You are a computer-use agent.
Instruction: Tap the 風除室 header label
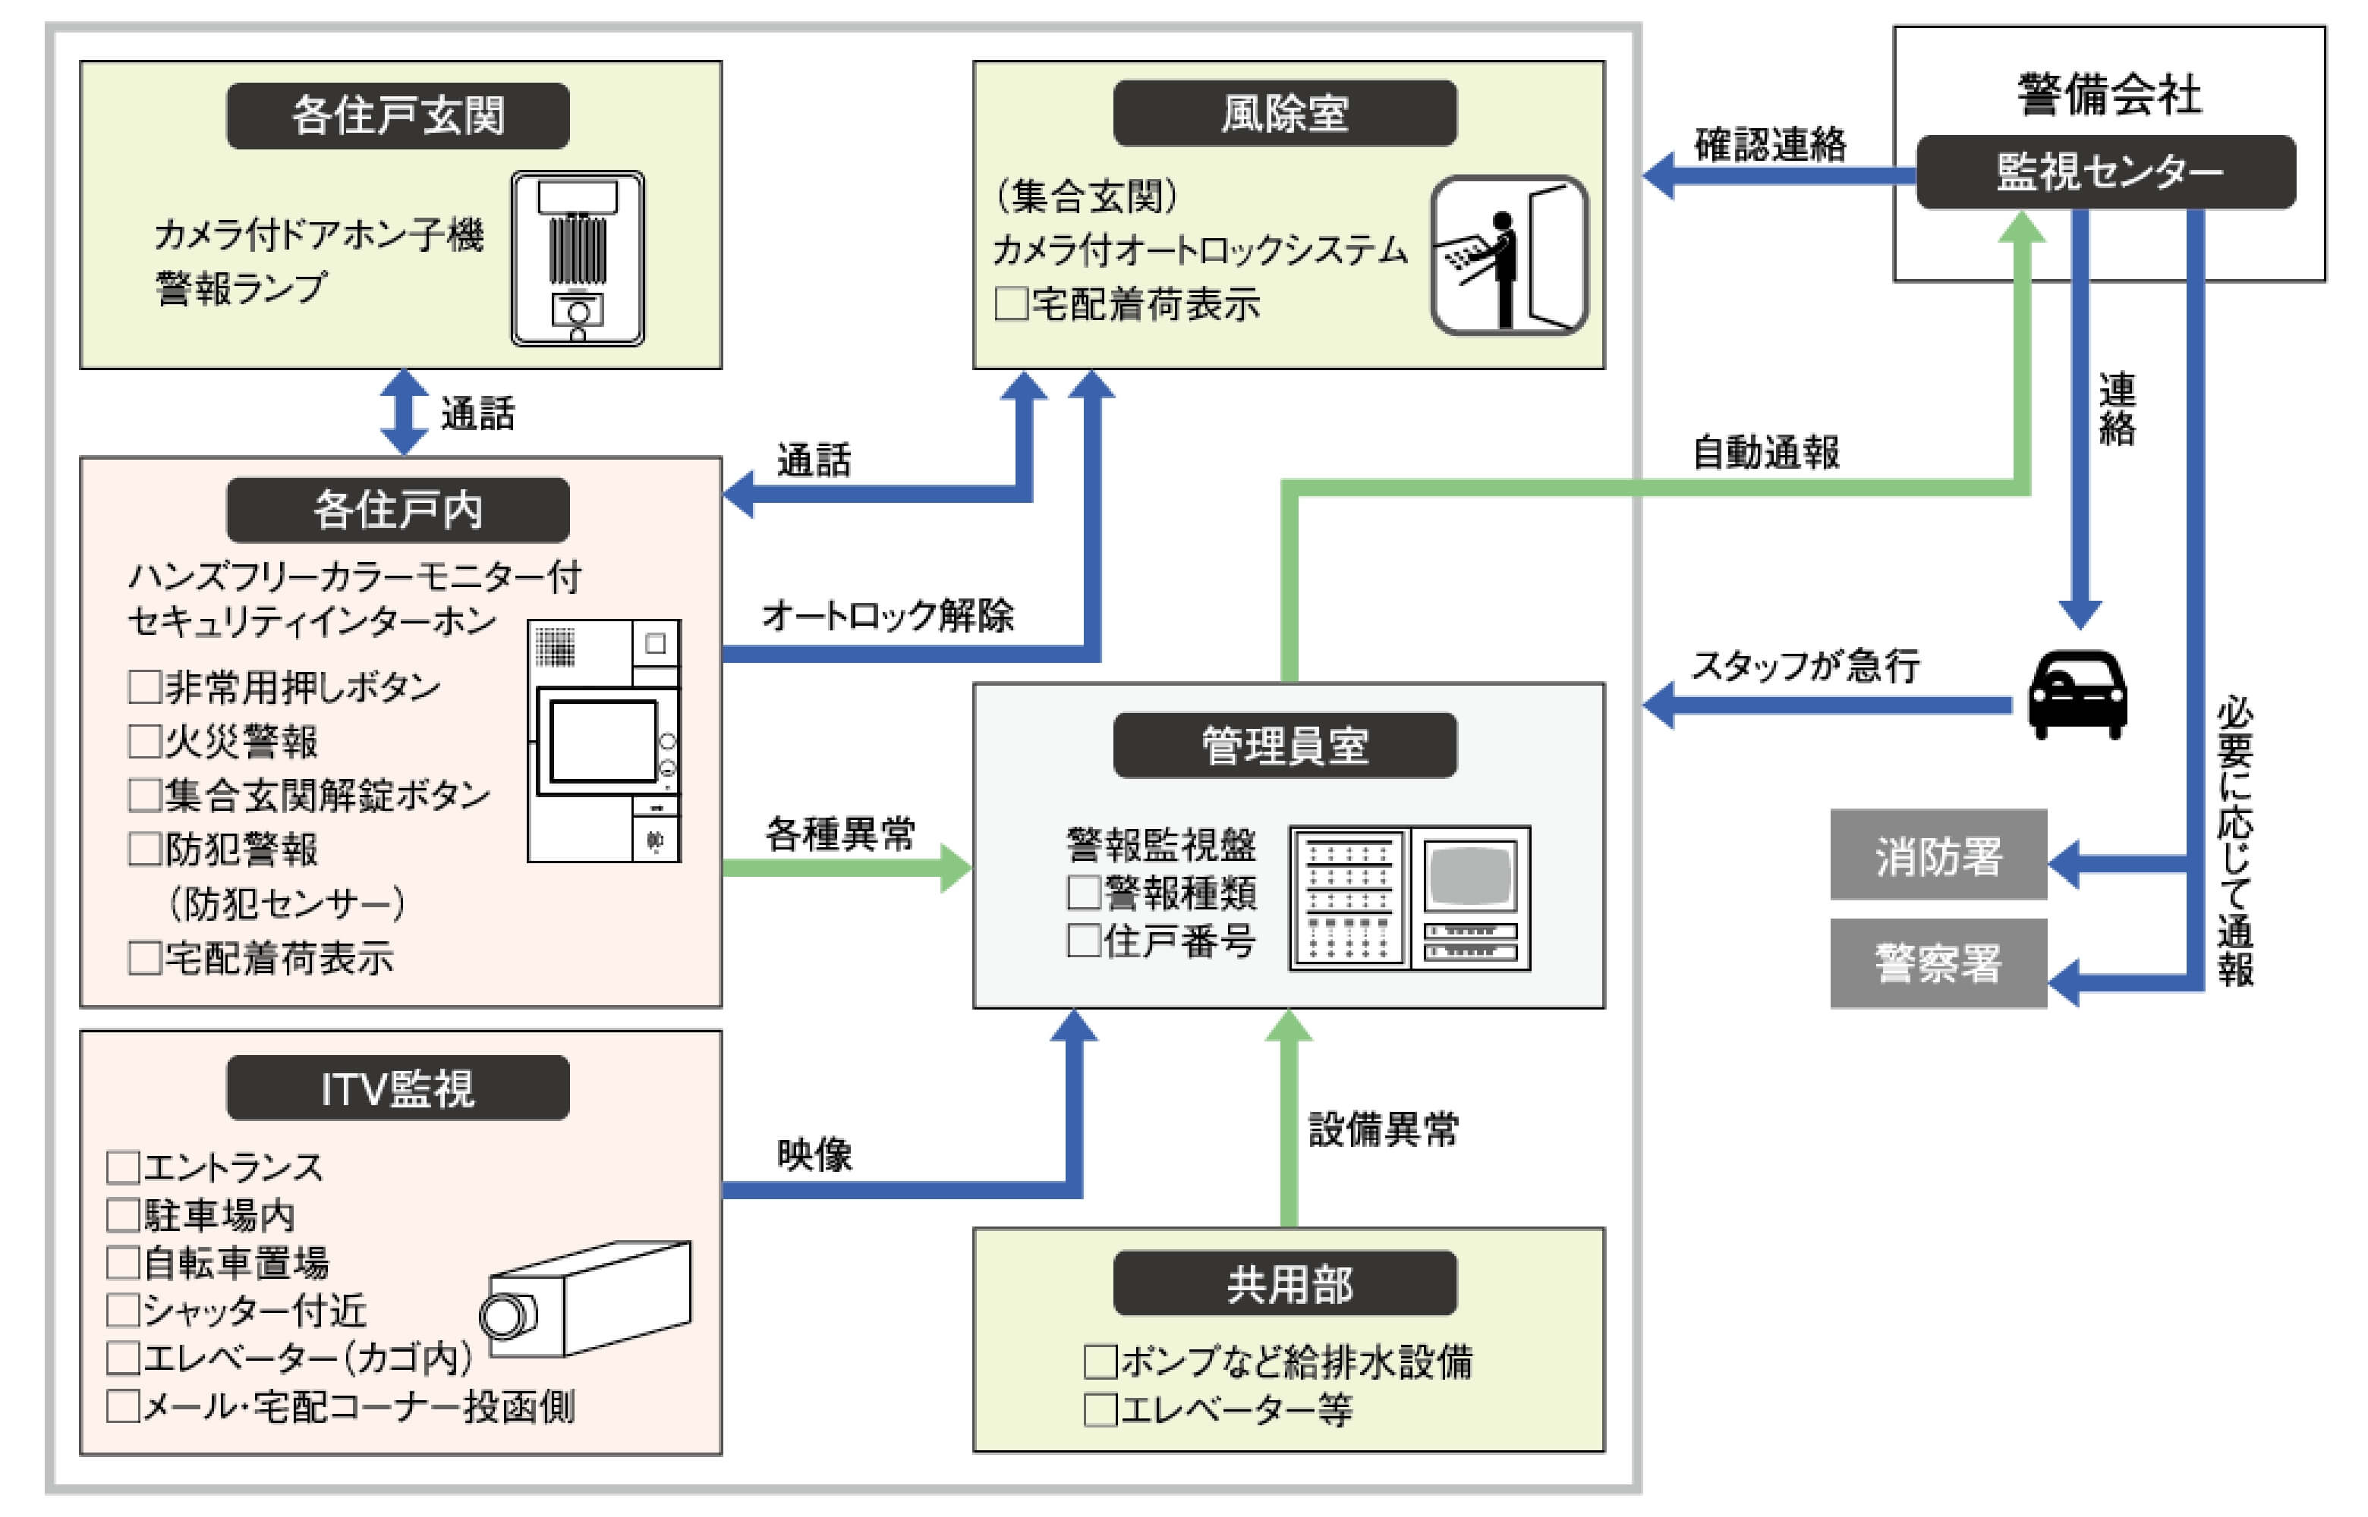pyautogui.click(x=1284, y=113)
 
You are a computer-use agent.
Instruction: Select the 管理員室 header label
pyautogui.click(x=1284, y=746)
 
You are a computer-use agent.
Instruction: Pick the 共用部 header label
pyautogui.click(x=1284, y=1283)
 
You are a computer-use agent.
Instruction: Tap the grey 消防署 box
pyautogui.click(x=1938, y=855)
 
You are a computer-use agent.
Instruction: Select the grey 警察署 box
pyautogui.click(x=1938, y=963)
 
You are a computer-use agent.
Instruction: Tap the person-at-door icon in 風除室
pyautogui.click(x=1509, y=256)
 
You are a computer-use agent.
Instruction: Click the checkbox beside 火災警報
pyautogui.click(x=144, y=741)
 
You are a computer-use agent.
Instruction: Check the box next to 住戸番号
pyautogui.click(x=1083, y=941)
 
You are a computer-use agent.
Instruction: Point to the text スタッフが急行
pyautogui.click(x=1806, y=666)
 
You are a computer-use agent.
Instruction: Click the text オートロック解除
pyautogui.click(x=887, y=616)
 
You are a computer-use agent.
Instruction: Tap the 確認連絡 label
pyautogui.click(x=1770, y=145)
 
